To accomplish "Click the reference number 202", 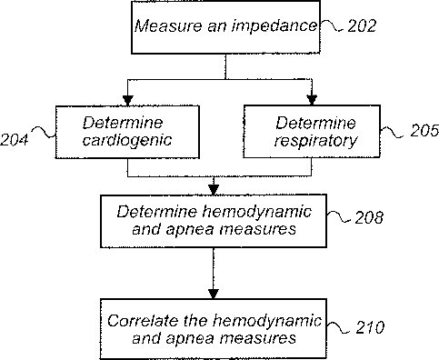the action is click(362, 26).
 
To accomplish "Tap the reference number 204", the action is click(15, 140).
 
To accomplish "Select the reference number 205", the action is click(424, 130).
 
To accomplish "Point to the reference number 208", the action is click(369, 217).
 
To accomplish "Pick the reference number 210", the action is click(370, 327).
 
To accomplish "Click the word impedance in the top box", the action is click(274, 26).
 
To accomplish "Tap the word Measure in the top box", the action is click(168, 25).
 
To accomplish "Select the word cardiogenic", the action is click(127, 141).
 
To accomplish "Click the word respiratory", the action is click(315, 141).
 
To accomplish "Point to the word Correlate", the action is click(143, 321).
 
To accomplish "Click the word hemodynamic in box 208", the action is click(257, 212).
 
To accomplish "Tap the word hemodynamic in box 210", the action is click(267, 321).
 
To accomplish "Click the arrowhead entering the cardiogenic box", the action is click(127, 101).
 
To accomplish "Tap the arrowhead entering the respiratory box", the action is click(312, 100).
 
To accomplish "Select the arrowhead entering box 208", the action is click(214, 190).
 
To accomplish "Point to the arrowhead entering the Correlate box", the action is click(214, 294).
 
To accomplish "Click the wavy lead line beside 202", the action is click(332, 26).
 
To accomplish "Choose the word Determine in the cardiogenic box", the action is click(123, 123).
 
